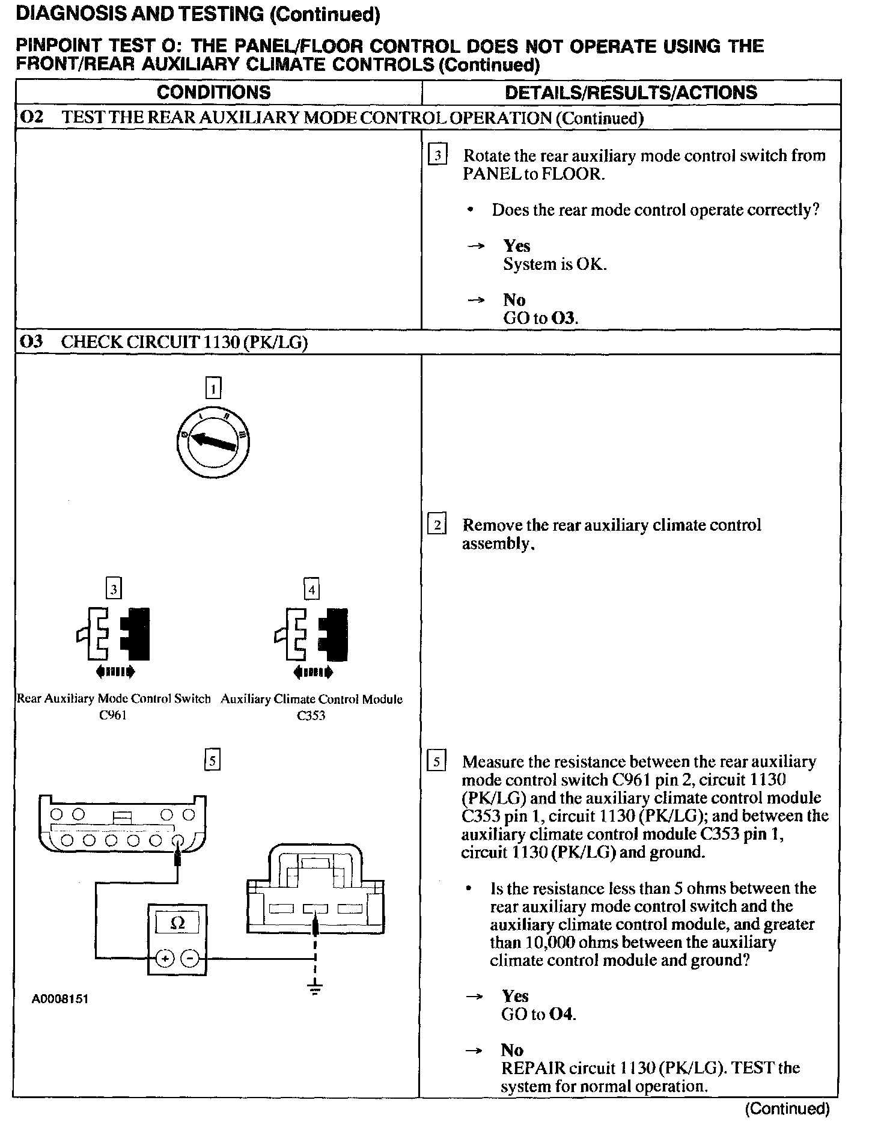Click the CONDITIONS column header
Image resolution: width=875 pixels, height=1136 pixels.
[x=213, y=92]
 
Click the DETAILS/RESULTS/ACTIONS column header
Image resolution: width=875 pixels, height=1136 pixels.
[x=630, y=92]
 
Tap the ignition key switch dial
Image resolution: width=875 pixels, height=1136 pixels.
[x=213, y=444]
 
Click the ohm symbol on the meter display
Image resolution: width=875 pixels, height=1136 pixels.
[x=178, y=923]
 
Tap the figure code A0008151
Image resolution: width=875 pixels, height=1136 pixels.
[x=60, y=999]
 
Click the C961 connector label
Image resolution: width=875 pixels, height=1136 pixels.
[x=113, y=715]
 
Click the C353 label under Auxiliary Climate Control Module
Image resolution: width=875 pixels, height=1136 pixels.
[x=311, y=716]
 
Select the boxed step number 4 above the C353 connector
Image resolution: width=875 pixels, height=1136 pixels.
[x=311, y=590]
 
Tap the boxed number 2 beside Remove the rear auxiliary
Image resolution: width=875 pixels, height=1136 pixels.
[x=436, y=525]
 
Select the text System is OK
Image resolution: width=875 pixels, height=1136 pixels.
[x=555, y=264]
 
